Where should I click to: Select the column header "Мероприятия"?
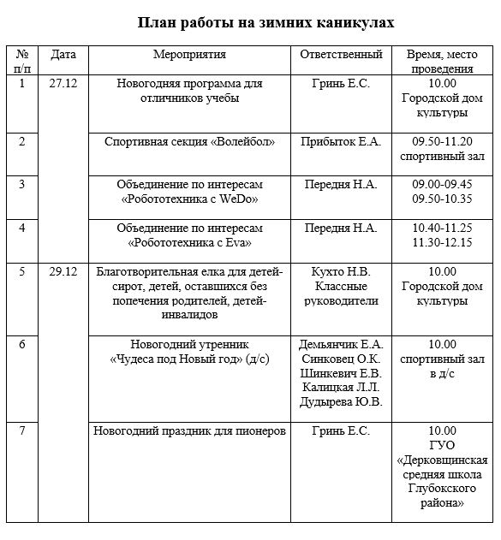coord(189,55)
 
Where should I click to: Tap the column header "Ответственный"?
coord(341,55)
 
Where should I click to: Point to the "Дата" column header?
coord(63,55)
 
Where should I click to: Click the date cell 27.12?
coord(63,84)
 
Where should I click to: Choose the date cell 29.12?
coord(63,272)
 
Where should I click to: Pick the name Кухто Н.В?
coord(341,272)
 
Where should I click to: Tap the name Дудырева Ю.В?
coord(341,402)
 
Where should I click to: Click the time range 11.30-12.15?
coord(442,243)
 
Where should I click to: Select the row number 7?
coord(22,430)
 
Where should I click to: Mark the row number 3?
coord(22,185)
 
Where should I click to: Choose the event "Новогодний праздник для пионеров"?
coord(189,430)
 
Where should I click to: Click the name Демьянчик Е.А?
coord(341,344)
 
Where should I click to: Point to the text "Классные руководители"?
coord(341,294)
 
